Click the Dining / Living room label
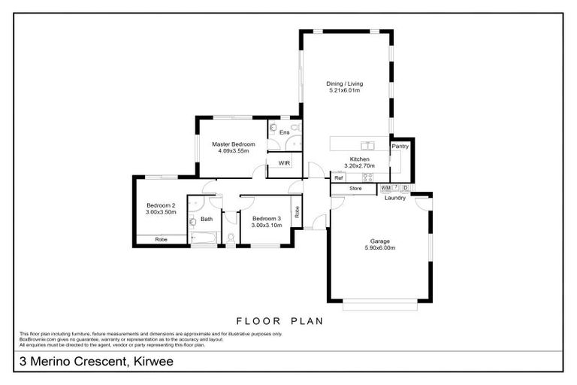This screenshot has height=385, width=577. point(343,83)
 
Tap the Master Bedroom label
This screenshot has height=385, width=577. point(233,144)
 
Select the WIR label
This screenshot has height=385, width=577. point(284,162)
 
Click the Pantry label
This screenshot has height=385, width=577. point(400,147)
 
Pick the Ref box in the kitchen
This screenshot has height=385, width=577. point(340,177)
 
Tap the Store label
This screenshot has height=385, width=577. point(355,188)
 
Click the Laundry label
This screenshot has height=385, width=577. point(395,198)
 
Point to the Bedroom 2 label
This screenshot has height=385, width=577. point(161,205)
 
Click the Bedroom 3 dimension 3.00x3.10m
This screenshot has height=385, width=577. point(266,225)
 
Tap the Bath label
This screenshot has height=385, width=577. point(206,219)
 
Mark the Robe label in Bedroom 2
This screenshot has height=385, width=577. point(161,239)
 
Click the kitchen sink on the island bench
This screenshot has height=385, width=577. point(367,145)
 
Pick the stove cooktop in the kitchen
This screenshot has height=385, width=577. point(368,177)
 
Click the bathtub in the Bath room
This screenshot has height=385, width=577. point(204,240)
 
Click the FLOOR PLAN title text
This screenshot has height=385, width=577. point(279,321)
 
